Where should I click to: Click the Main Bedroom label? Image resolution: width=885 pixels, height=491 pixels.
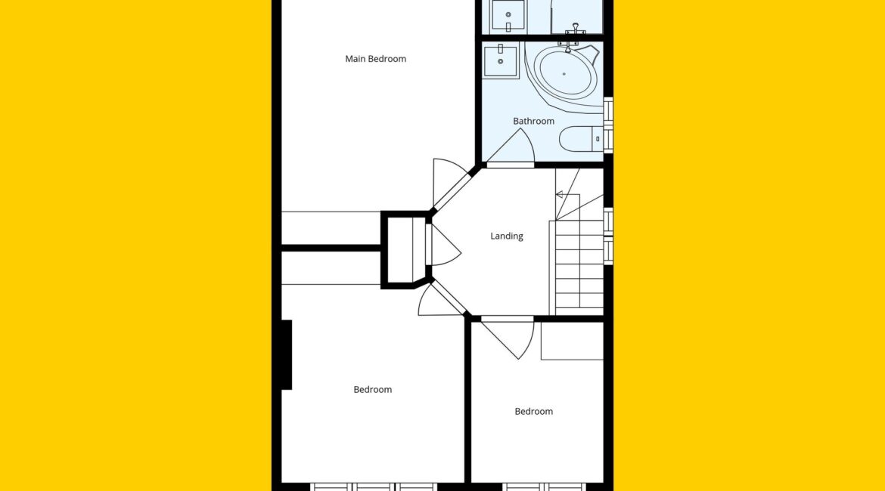pos(375,59)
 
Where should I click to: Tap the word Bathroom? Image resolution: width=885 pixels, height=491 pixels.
pos(533,121)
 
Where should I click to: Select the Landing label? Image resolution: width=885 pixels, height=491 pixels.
pos(506,236)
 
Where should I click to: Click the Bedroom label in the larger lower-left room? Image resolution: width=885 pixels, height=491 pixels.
pos(372,390)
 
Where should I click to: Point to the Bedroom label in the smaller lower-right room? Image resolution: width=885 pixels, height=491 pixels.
pos(533,412)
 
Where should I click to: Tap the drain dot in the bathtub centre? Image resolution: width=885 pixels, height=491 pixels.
pos(564,74)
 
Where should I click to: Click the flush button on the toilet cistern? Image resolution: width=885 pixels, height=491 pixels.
pos(597,139)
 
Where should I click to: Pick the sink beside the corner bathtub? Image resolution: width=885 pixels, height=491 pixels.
pos(500,62)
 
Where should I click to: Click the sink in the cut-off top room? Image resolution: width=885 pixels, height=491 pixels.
pos(508,15)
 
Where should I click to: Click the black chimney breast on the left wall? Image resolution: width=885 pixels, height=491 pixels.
pos(286,354)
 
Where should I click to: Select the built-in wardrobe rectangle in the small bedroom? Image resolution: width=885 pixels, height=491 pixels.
pos(573,341)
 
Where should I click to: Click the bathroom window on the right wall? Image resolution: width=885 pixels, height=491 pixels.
pos(608,125)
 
